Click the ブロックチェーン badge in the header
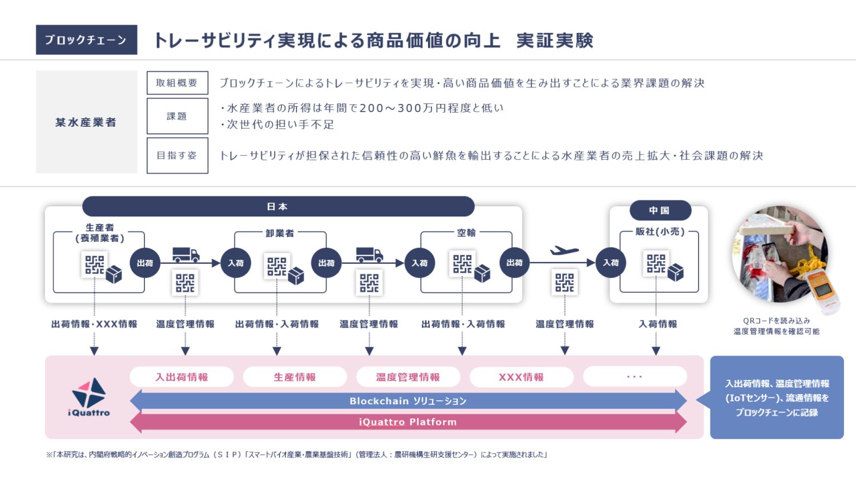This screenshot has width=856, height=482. [86, 40]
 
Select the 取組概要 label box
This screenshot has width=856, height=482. [177, 83]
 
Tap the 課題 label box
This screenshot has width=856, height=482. [177, 116]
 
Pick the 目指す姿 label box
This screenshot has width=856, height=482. [177, 155]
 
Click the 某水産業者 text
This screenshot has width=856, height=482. [86, 122]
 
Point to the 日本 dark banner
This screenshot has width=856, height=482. [278, 206]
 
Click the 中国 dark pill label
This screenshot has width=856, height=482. [660, 210]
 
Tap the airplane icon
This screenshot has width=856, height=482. [564, 251]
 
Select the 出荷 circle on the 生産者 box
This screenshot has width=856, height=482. [145, 263]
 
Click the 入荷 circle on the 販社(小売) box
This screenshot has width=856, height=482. [611, 263]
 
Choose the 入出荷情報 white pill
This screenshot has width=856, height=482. [181, 377]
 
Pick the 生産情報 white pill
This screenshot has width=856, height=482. [294, 377]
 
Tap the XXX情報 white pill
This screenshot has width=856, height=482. [521, 377]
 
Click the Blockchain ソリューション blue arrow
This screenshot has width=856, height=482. [408, 401]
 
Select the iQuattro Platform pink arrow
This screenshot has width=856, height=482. [408, 422]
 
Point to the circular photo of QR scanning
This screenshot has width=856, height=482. [780, 254]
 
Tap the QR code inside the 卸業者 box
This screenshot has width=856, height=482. [277, 266]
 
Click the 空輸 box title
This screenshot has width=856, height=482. [466, 232]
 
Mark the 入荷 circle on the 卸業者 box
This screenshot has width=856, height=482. [236, 263]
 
